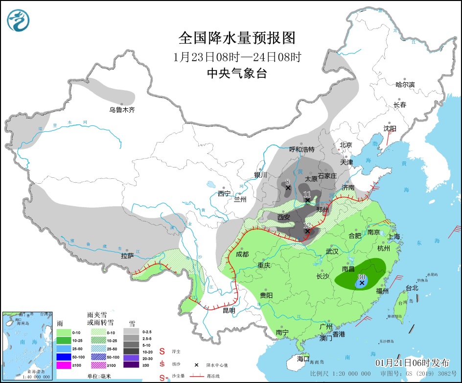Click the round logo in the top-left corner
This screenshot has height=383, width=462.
(18, 20)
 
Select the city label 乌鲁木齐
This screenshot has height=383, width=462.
(122, 110)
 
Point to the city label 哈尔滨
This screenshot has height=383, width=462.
(405, 85)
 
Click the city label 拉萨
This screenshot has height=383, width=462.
(127, 256)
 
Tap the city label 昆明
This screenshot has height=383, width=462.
(229, 311)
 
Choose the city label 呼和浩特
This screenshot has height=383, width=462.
(302, 149)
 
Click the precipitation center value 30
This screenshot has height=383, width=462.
(362, 276)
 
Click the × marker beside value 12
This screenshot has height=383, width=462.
(307, 231)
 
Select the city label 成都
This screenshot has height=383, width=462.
(242, 254)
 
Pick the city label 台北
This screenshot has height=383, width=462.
(412, 288)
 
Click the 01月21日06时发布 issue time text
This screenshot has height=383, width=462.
(412, 363)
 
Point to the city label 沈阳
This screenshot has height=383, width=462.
(390, 128)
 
